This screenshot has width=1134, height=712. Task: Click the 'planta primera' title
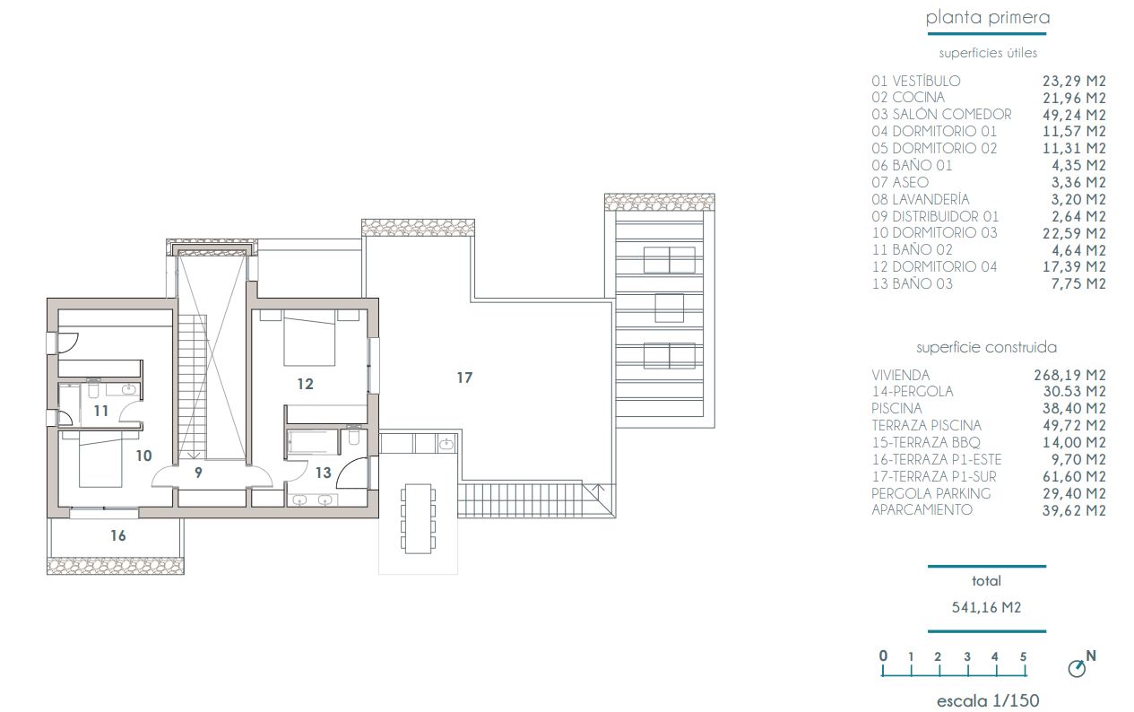(987, 18)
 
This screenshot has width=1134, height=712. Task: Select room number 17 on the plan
(463, 378)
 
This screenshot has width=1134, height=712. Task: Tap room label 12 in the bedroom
(305, 384)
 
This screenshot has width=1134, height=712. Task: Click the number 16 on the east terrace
(117, 535)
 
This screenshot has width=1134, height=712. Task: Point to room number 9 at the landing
(199, 472)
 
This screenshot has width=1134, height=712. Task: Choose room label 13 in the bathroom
(323, 473)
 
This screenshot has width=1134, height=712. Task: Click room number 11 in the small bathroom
(100, 411)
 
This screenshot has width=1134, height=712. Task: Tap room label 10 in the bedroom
(143, 456)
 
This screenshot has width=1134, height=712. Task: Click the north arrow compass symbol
(1079, 668)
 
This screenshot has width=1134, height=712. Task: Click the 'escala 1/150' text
(988, 700)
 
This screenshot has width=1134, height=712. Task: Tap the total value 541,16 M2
(986, 607)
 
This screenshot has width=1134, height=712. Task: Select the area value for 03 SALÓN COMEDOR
(1070, 115)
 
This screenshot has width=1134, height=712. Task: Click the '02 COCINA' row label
(907, 98)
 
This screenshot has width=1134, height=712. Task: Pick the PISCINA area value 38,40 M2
(1070, 409)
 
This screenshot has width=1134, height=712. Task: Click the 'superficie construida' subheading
(986, 347)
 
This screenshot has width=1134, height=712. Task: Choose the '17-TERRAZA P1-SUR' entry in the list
(933, 476)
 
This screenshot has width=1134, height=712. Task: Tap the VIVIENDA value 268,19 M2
(1070, 375)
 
